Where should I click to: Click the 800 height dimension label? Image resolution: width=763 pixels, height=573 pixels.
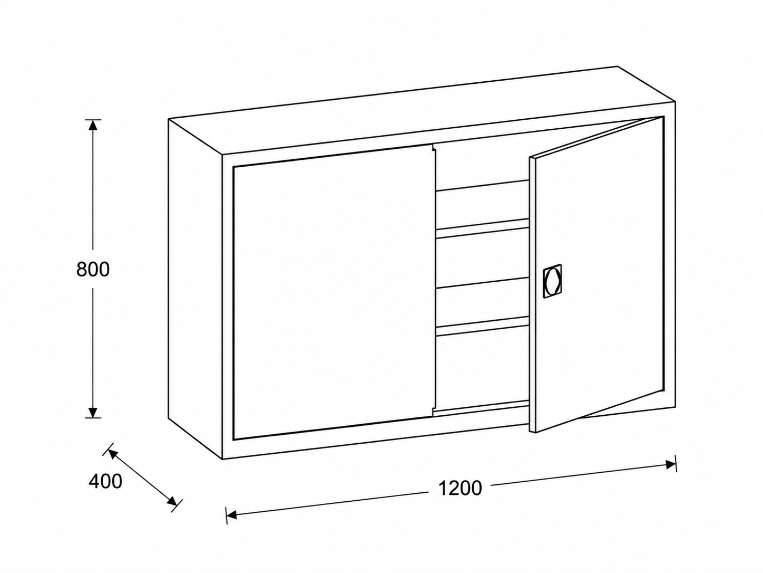pyautogui.click(x=93, y=269)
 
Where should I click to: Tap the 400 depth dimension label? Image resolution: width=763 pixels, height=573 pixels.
pyautogui.click(x=105, y=482)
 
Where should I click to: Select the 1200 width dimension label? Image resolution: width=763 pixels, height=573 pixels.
pyautogui.click(x=460, y=488)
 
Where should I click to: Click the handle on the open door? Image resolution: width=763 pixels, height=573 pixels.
pyautogui.click(x=552, y=281)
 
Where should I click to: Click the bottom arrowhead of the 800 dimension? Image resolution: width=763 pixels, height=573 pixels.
pyautogui.click(x=92, y=412)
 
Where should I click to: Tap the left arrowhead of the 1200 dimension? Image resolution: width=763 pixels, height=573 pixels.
pyautogui.click(x=232, y=515)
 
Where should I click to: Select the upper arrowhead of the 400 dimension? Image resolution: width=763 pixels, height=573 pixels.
pyautogui.click(x=113, y=454)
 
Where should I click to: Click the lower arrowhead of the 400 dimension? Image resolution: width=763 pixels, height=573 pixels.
pyautogui.click(x=172, y=501)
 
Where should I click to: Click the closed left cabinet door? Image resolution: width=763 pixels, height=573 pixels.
pyautogui.click(x=334, y=292)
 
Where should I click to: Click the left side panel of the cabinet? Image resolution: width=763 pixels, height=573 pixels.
pyautogui.click(x=195, y=289)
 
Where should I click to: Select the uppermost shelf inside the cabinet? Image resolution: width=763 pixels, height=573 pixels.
pyautogui.click(x=483, y=185)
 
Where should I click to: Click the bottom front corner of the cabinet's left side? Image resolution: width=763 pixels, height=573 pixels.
pyautogui.click(x=222, y=459)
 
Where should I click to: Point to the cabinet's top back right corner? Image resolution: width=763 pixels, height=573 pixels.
pyautogui.click(x=618, y=66)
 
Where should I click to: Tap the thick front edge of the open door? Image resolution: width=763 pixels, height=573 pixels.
pyautogui.click(x=532, y=295)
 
